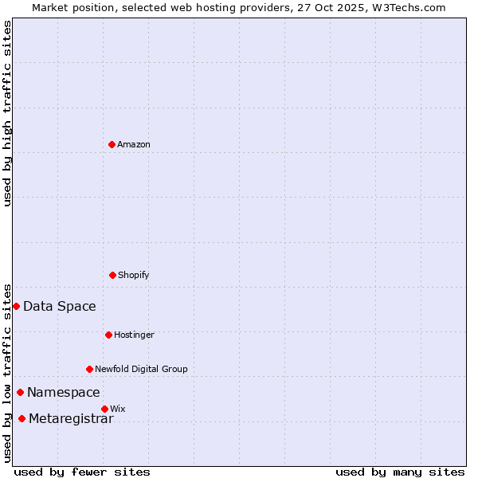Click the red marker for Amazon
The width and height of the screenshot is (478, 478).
112,144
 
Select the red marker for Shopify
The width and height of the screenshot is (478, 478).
112,275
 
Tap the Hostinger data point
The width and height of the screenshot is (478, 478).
108,335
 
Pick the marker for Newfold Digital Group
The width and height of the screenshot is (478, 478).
89,369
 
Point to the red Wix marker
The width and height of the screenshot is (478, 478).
104,409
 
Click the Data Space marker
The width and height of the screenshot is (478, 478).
16,306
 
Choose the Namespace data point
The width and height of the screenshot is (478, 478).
20,392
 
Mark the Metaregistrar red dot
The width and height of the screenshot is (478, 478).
22,418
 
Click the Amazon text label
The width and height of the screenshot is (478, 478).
134,144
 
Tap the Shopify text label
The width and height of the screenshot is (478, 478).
134,275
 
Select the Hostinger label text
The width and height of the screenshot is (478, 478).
134,335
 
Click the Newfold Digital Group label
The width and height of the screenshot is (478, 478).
142,369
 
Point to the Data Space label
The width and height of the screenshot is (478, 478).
60,307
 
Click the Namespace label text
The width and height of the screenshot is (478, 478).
64,393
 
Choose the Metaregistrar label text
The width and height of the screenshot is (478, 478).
71,419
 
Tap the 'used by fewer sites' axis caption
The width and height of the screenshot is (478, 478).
82,472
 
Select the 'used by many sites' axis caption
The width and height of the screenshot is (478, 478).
400,472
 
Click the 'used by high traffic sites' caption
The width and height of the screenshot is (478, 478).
7,113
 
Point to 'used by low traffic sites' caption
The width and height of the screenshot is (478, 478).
7,372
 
